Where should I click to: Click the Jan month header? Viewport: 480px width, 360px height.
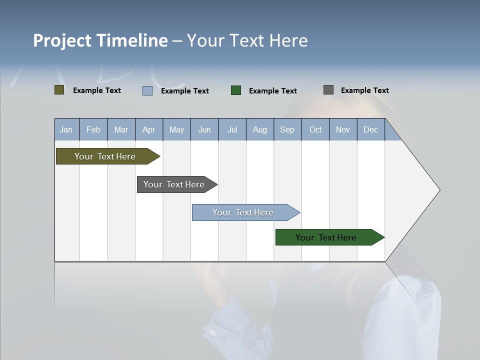click(66, 130)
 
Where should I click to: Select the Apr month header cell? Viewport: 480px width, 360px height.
click(149, 130)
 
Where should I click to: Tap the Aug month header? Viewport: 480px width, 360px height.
click(260, 130)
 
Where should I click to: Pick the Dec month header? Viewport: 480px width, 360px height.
click(371, 130)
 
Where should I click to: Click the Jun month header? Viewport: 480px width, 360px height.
click(204, 130)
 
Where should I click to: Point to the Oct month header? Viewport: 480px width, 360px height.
click(315, 130)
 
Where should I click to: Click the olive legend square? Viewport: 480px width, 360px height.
click(59, 90)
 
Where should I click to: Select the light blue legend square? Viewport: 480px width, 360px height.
click(147, 90)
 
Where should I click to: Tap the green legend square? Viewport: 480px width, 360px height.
click(236, 90)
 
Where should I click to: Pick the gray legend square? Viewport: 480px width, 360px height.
click(328, 90)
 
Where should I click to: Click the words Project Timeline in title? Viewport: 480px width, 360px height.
click(100, 40)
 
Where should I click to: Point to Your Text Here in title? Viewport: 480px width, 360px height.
click(247, 40)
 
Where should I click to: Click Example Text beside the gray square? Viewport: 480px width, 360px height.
click(364, 90)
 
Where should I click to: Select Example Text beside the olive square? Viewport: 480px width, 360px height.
click(96, 90)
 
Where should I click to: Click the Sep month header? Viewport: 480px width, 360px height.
click(287, 130)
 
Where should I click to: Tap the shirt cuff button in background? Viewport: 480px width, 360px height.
click(213, 332)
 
